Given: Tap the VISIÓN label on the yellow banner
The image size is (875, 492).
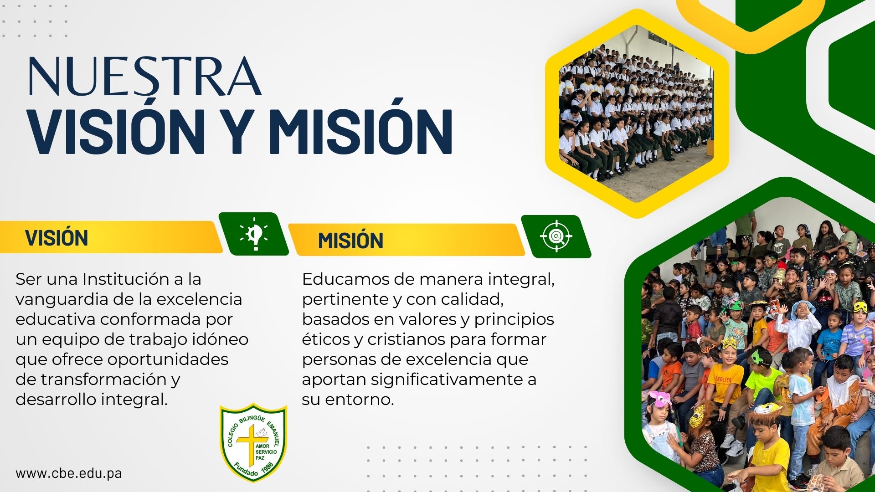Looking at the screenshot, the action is pos(57,237).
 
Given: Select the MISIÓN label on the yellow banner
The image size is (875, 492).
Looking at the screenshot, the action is pos(350,240).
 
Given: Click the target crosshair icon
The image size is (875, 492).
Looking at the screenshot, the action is pos(556,236).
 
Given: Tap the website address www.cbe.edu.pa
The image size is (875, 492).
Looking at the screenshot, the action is pos(69,473).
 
